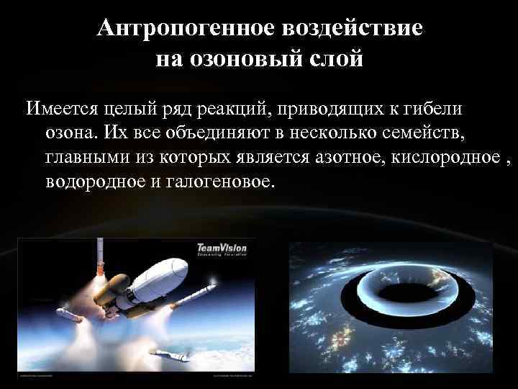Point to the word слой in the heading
(336, 58)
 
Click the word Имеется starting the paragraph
(62, 109)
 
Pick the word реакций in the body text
(232, 109)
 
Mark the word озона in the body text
(68, 133)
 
